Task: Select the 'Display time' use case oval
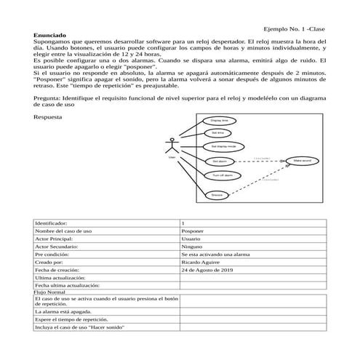pos(219,120)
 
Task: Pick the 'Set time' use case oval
pos(219,133)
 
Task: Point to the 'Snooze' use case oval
pos(216,195)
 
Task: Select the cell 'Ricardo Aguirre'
pos(201,262)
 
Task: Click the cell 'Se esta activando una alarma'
pos(215,254)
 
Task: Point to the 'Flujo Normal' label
pos(50,292)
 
